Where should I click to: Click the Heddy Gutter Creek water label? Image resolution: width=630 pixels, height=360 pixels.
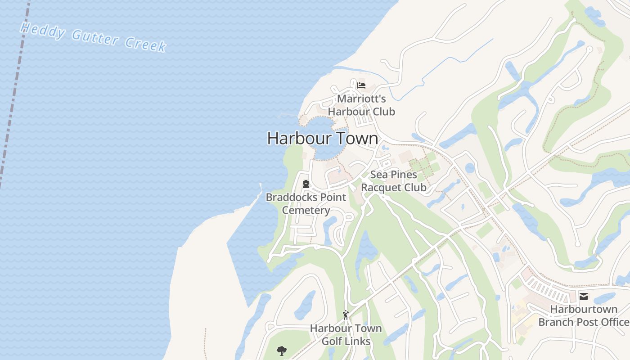tap(93, 37)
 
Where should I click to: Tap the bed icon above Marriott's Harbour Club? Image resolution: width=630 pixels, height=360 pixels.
tap(361, 85)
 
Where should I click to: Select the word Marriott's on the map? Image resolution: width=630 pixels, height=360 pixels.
tap(361, 99)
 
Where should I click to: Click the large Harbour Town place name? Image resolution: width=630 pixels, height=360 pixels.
tap(323, 138)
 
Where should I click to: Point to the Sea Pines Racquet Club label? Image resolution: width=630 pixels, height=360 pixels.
tap(394, 181)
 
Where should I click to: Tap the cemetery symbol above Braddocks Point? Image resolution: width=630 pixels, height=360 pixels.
tap(306, 184)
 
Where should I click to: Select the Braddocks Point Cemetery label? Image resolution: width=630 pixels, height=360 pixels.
tap(306, 203)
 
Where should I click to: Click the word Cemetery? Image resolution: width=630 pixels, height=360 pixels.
tap(306, 210)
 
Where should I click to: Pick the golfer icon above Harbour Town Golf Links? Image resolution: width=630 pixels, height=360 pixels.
tap(346, 315)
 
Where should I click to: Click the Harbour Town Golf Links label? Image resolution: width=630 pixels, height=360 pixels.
tap(346, 335)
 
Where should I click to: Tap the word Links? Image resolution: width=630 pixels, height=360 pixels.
tap(358, 342)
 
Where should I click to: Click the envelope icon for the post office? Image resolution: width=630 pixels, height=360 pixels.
tap(584, 296)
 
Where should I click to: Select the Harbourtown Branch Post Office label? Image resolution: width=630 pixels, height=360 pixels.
tap(584, 315)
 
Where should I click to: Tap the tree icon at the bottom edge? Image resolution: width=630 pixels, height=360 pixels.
tap(282, 351)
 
